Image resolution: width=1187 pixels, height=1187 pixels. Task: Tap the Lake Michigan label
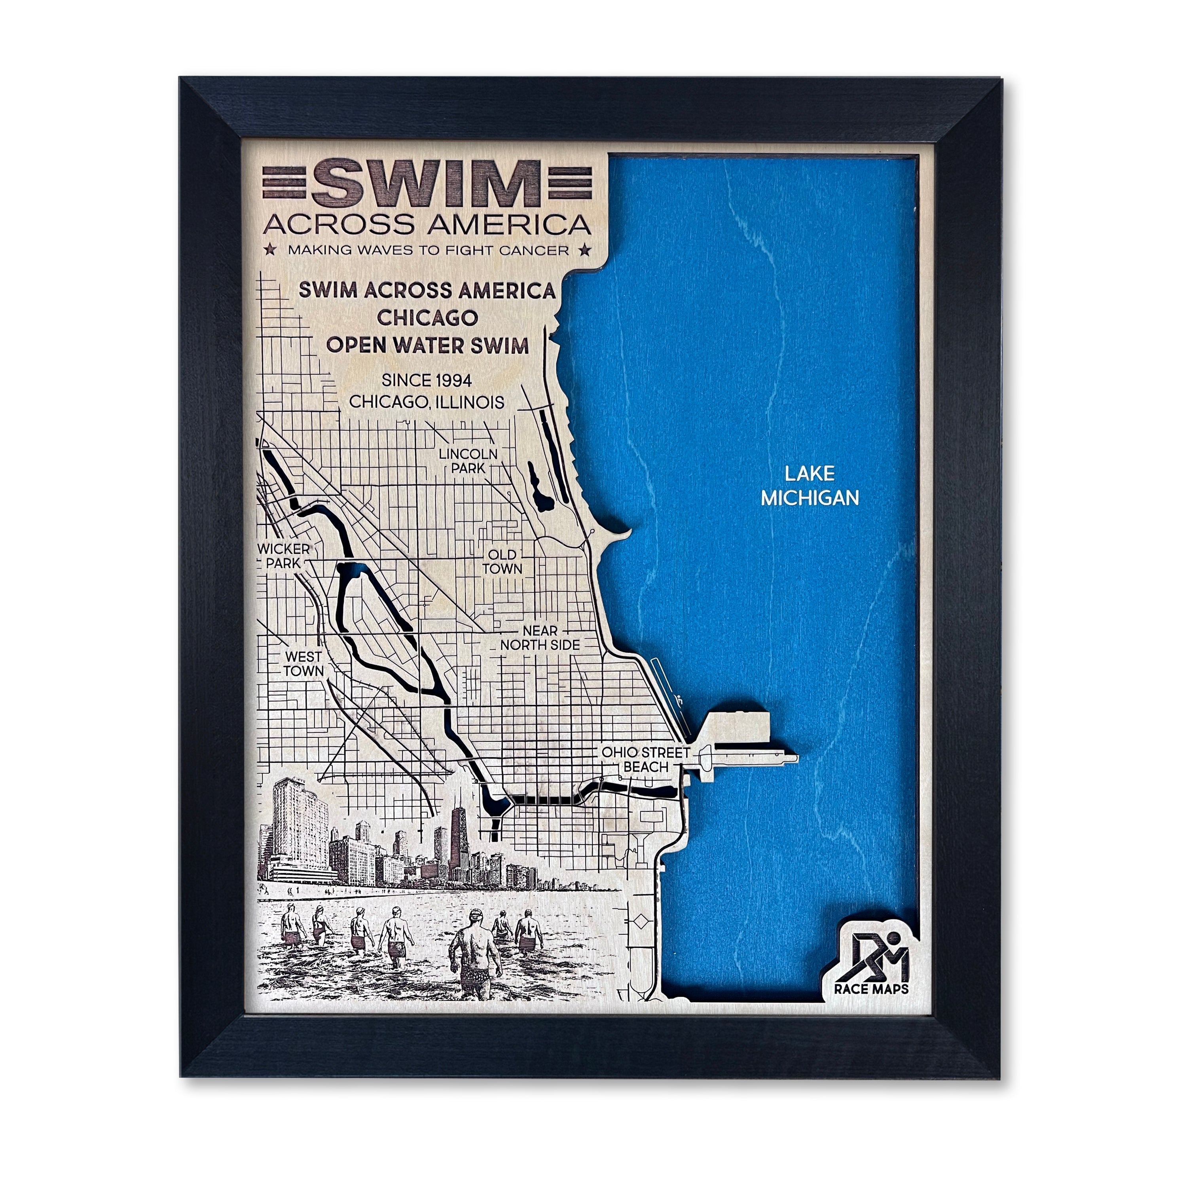click(809, 485)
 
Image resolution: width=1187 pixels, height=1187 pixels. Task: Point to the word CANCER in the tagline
click(535, 250)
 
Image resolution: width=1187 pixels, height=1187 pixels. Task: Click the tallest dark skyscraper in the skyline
click(456, 842)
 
